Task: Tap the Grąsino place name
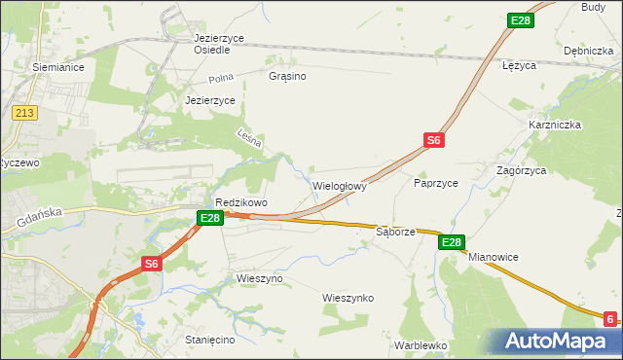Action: (287, 75)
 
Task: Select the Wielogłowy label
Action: (339, 185)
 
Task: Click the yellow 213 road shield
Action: (25, 113)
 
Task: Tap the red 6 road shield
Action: (609, 318)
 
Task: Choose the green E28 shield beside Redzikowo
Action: (210, 219)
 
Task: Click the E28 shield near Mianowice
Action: (451, 242)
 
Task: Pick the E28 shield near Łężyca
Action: (521, 20)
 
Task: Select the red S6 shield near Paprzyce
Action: (434, 141)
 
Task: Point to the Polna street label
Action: (222, 79)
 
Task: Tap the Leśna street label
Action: (249, 139)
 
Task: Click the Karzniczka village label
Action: (555, 125)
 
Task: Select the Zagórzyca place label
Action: (521, 169)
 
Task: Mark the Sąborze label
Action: (395, 233)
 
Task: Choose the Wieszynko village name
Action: (348, 298)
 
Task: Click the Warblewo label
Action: (421, 344)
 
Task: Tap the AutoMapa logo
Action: (561, 342)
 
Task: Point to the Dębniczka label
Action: (587, 50)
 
